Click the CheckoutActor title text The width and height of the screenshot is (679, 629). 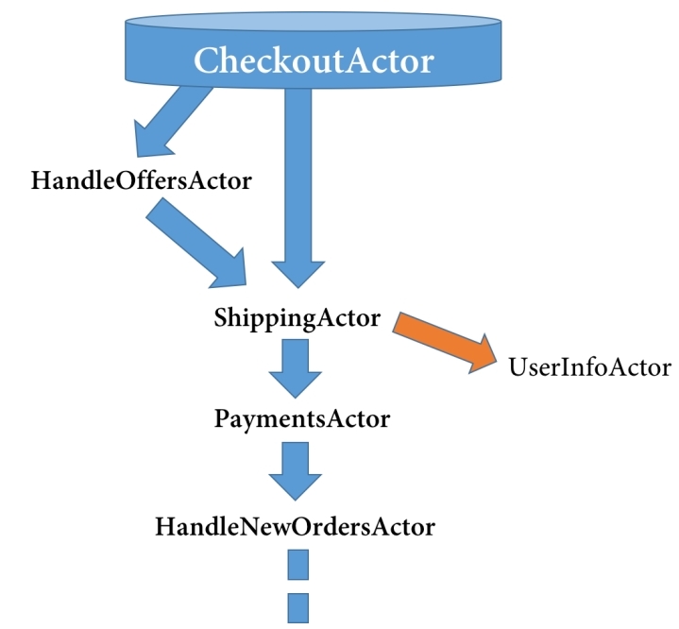coord(314,60)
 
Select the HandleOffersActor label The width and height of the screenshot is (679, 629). coord(141,180)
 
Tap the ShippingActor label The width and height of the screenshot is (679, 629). coord(297,318)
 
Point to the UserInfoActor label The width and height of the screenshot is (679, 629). coord(590,367)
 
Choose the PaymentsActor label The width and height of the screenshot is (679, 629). coord(302,419)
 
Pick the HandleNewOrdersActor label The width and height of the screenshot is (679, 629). coord(296,527)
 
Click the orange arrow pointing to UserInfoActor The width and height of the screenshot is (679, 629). coord(445,341)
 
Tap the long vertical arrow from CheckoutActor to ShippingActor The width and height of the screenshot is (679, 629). coord(297,186)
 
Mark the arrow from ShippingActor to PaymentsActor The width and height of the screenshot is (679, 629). coord(296,368)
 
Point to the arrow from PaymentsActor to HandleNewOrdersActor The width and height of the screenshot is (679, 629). coord(296,471)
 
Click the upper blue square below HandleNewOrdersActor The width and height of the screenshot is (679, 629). coord(298,565)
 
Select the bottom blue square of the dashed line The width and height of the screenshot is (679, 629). coord(298,608)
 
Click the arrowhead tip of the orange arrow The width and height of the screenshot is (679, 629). coord(497,361)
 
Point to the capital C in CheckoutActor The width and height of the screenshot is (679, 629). coord(207,60)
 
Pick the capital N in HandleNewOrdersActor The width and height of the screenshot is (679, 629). coord(250,527)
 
